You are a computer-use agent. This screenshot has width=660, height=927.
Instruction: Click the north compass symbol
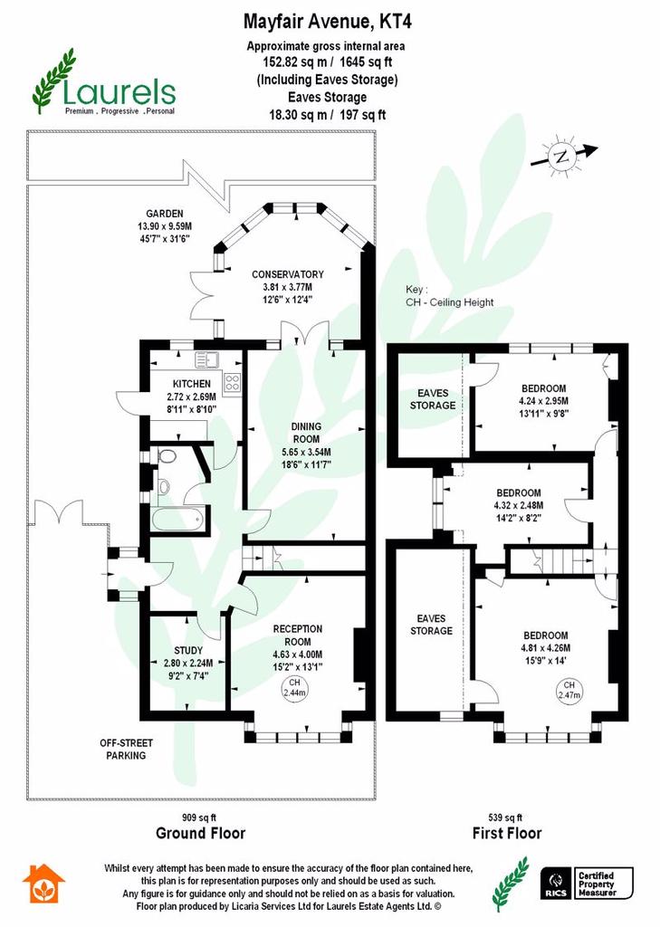pos(561,157)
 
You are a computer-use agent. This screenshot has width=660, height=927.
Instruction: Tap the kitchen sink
pos(206,359)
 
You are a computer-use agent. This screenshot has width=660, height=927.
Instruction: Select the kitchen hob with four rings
pos(232,383)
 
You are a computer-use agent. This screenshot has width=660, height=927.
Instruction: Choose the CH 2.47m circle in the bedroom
pos(569,691)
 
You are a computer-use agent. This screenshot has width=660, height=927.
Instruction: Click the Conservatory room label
pos(288,274)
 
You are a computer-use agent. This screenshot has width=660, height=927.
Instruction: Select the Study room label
pos(188,650)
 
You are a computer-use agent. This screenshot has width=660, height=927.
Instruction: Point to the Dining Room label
pos(306,433)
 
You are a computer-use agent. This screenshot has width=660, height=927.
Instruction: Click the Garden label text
pos(165,214)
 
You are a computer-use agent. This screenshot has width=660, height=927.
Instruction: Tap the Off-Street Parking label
pos(126,749)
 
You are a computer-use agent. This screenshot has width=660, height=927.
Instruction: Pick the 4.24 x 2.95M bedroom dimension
pos(543,401)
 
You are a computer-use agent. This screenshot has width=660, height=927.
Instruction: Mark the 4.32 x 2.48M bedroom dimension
pos(519,505)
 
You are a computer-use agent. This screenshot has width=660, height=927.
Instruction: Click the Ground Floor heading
pos(200,834)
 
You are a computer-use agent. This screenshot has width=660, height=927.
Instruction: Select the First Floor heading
pos(507,834)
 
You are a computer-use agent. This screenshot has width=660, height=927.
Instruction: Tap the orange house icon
pos(43,884)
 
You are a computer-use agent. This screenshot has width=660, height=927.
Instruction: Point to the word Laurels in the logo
pos(119,93)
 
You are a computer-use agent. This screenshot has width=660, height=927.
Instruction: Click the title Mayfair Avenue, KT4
pos(328,22)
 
